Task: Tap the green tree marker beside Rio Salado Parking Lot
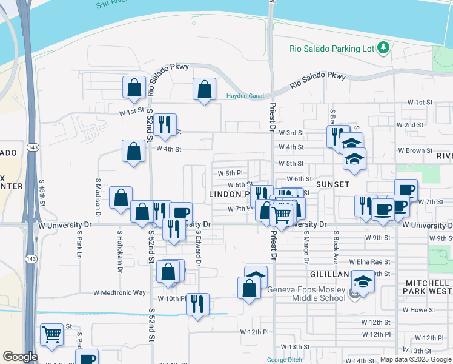383,47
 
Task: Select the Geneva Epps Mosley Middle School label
306,295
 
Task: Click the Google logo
20,357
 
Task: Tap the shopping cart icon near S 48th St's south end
52,334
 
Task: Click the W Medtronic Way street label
119,292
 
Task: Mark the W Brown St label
415,150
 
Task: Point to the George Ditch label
285,360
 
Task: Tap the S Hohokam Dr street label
120,246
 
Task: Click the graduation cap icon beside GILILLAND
363,283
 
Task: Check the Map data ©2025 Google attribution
415,359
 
